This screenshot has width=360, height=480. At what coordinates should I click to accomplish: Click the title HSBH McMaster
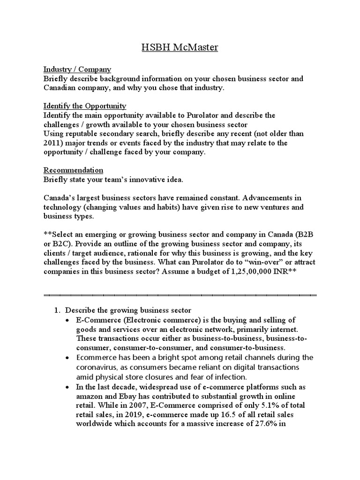click(x=180, y=48)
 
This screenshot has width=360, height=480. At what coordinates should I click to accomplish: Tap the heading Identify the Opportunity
click(x=85, y=106)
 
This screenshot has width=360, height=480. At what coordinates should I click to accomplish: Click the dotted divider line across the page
click(x=180, y=295)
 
